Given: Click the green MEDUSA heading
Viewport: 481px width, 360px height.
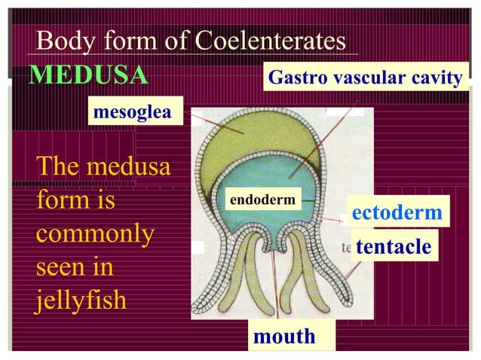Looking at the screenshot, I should [88, 75].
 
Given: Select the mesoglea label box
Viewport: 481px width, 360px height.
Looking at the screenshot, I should [135, 112].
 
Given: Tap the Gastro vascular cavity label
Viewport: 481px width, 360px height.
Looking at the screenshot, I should [365, 78].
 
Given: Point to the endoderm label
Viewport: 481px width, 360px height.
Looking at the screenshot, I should [264, 200].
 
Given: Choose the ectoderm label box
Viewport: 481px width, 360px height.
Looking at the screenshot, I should [397, 212].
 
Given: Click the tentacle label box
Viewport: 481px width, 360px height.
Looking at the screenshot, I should [394, 246].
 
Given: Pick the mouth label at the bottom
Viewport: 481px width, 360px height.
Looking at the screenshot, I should [284, 336].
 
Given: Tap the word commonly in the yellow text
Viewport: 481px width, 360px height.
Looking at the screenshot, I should [95, 233].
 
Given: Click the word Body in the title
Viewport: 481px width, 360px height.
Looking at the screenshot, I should [63, 41].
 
